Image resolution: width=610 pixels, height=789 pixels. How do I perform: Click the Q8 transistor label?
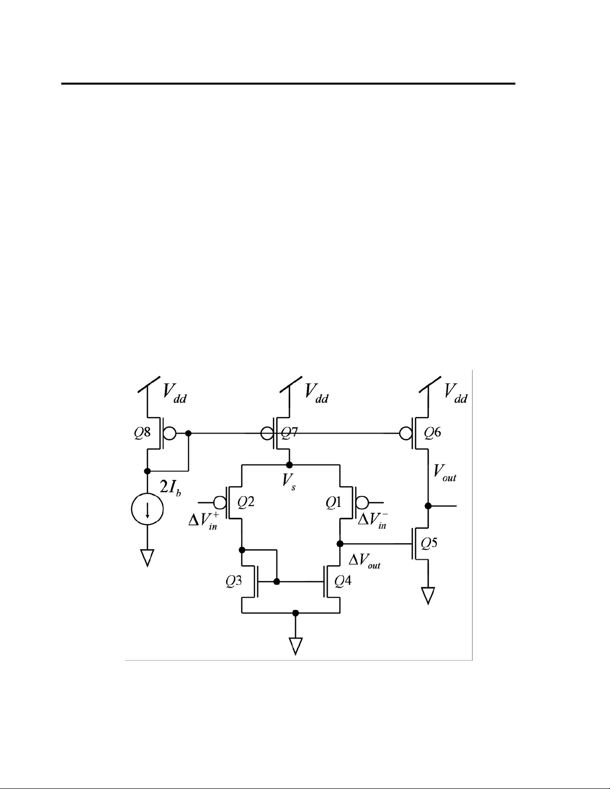[x=142, y=433]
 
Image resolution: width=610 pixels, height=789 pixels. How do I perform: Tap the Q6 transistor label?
[x=432, y=432]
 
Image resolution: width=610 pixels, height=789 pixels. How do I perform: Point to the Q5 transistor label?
[x=429, y=543]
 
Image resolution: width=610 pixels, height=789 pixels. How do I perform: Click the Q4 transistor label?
[x=343, y=581]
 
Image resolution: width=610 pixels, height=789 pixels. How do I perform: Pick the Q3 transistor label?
[x=234, y=581]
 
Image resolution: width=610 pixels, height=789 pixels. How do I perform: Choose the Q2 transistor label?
[x=246, y=502]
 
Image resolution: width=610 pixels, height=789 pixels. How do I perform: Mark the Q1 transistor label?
[x=333, y=502]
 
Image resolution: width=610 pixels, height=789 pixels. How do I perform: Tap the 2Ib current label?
[x=170, y=487]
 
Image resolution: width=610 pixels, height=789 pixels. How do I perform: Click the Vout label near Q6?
[x=445, y=473]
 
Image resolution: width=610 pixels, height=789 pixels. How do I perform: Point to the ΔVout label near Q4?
[x=365, y=561]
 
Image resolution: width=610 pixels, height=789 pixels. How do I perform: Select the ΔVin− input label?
[x=372, y=520]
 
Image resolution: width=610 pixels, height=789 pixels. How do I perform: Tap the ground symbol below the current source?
[x=147, y=558]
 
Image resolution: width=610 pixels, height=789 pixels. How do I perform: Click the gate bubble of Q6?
[x=405, y=433]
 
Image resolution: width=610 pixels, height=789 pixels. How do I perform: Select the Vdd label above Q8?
[x=175, y=393]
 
